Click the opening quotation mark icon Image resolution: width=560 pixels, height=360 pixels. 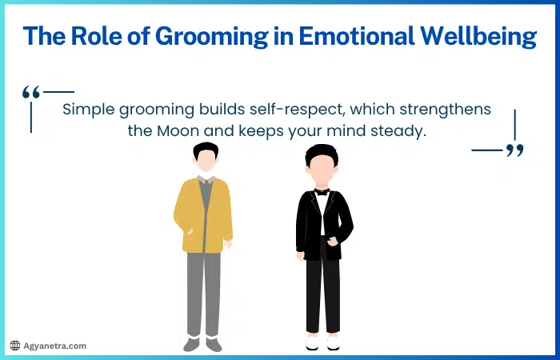pos(31,94)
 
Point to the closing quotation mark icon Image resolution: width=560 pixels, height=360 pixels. pos(515,150)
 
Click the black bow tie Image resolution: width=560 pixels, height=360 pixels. pos(322,192)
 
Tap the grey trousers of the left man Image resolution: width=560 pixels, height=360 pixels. pos(203,288)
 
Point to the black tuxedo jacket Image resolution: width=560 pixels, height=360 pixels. pos(304,220)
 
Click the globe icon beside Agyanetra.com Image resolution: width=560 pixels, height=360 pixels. pos(14,346)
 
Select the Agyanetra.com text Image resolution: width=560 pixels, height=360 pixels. pos(54,346)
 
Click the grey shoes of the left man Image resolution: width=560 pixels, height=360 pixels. pos(202,343)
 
